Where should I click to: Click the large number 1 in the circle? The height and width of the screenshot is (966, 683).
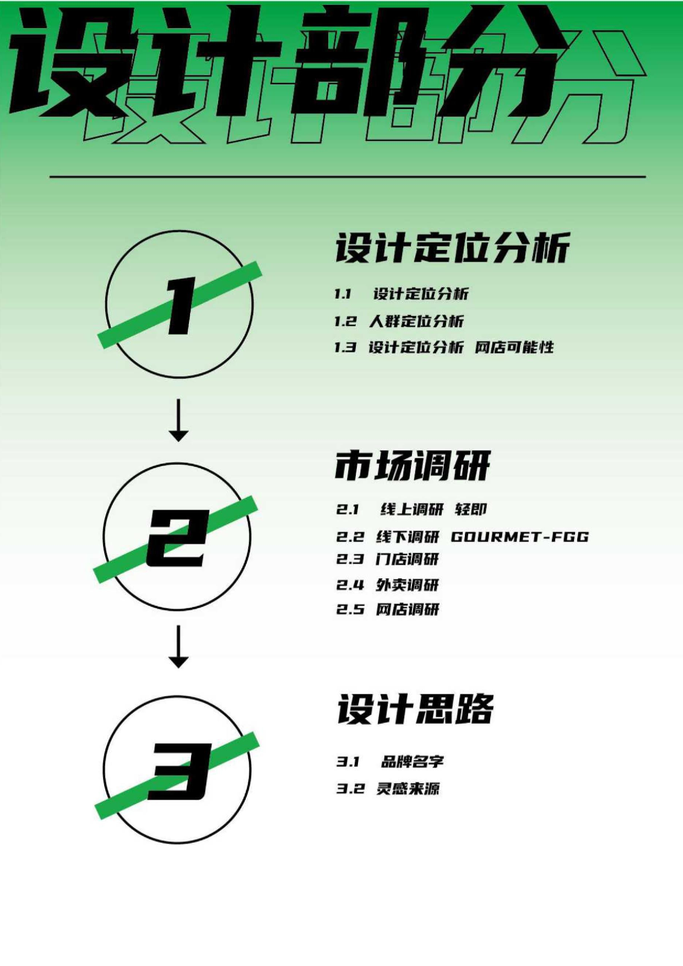[180, 305]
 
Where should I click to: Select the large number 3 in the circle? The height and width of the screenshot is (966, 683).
[180, 770]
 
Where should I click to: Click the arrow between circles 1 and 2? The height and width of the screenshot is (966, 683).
[178, 420]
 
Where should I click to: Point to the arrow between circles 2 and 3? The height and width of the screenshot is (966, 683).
[178, 646]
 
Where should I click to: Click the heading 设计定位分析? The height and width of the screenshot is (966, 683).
[452, 248]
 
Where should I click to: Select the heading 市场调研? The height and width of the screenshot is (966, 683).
[413, 466]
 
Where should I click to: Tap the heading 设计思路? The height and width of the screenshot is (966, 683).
[415, 709]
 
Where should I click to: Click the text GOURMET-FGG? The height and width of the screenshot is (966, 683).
[520, 536]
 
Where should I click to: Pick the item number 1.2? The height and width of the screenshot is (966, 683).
[345, 321]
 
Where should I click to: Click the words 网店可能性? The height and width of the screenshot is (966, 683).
[514, 348]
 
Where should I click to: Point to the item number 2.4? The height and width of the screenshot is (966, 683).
[350, 585]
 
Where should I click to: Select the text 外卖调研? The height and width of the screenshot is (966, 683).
[408, 585]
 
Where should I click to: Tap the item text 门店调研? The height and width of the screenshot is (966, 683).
[408, 560]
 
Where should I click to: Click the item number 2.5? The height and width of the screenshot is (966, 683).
[350, 609]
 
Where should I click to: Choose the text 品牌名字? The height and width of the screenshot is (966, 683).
[413, 762]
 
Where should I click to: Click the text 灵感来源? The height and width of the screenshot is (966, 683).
[408, 789]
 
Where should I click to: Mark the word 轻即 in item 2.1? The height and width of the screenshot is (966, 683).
[471, 509]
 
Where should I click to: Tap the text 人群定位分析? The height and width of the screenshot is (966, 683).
[416, 321]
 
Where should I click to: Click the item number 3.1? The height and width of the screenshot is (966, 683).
[348, 762]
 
